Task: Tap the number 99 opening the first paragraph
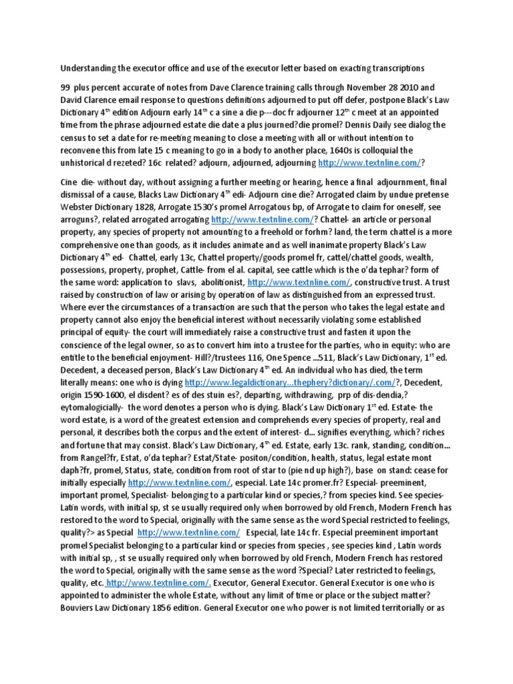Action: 66,87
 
